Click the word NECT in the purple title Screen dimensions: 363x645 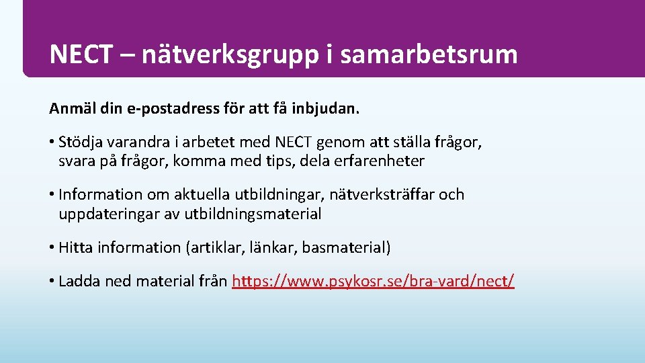pyautogui.click(x=81, y=54)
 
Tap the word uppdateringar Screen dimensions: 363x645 pyautogui.click(x=103, y=214)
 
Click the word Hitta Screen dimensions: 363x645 pyautogui.click(x=76, y=247)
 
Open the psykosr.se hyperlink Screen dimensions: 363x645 pyautogui.click(x=373, y=281)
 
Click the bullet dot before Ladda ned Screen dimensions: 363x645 pyautogui.click(x=52, y=281)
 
